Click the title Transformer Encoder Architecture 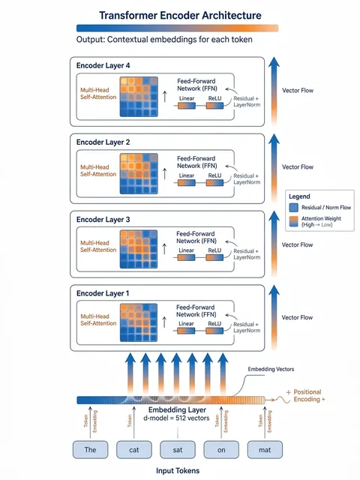point(180,15)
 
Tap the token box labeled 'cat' point(133,449)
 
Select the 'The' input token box point(90,449)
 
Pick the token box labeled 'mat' point(265,449)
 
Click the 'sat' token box point(178,449)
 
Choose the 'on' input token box point(221,449)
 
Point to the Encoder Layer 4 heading point(103,65)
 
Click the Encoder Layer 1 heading point(103,293)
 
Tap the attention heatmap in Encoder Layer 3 point(139,249)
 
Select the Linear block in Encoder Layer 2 point(187,183)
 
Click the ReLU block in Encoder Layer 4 point(214,106)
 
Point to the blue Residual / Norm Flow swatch point(293,208)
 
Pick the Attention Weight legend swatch point(293,221)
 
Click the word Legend point(299,196)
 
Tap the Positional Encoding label point(307,395)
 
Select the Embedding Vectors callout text point(271,369)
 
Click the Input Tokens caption point(178,471)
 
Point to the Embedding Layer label point(177,410)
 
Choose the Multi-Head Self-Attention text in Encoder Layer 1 point(98,319)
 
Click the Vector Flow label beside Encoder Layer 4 point(298,90)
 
